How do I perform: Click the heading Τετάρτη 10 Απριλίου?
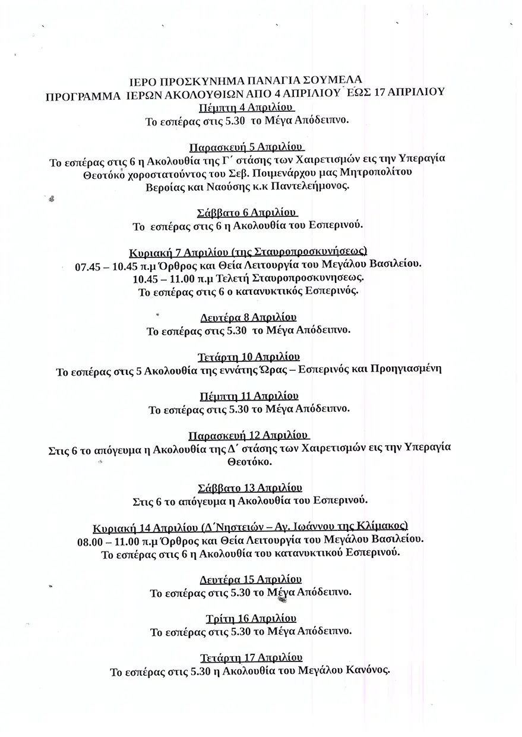point(248,357)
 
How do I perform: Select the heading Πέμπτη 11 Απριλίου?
point(248,396)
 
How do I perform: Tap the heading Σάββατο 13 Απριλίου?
point(249,488)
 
